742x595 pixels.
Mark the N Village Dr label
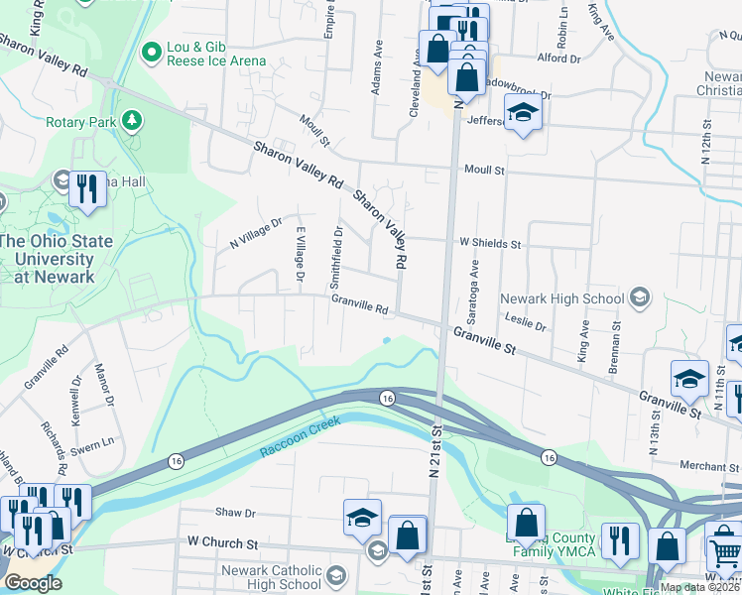pyautogui.click(x=256, y=234)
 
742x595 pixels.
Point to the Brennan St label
pyautogui.click(x=615, y=343)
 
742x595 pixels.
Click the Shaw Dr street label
pyautogui.click(x=236, y=513)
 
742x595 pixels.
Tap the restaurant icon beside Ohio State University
pyautogui.click(x=88, y=187)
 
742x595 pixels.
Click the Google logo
pyautogui.click(x=34, y=583)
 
